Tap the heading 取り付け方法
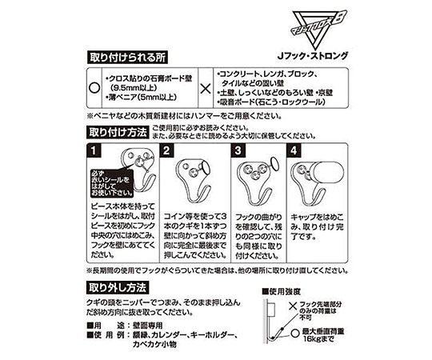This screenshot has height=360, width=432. pos(117,131)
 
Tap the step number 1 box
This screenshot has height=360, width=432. pos(94,150)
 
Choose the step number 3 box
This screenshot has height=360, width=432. pos(238,150)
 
